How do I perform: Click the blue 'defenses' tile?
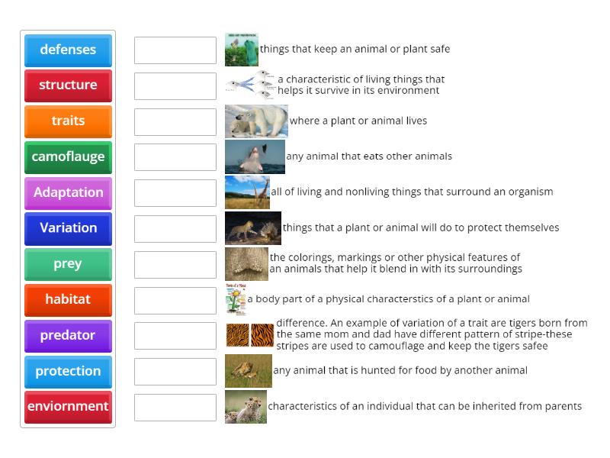click(x=68, y=50)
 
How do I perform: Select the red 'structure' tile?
click(x=68, y=85)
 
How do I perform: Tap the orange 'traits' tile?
click(x=68, y=121)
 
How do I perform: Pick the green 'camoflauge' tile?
click(x=68, y=156)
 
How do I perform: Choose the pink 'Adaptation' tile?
click(x=68, y=192)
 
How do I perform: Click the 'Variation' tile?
click(x=68, y=228)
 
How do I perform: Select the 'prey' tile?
click(x=68, y=264)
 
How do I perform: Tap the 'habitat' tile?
click(x=68, y=299)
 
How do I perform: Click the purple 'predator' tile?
click(x=68, y=335)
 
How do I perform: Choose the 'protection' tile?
click(x=68, y=371)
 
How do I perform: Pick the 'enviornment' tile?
click(x=68, y=407)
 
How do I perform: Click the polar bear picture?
click(x=256, y=121)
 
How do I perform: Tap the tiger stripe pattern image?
click(x=250, y=335)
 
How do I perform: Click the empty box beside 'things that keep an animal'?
click(x=175, y=50)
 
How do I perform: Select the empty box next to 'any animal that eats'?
click(x=175, y=156)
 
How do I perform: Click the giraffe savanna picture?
click(x=247, y=192)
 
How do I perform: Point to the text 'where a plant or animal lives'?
click(x=358, y=121)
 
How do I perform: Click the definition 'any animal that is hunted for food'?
click(x=400, y=371)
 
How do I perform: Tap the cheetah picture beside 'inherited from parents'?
click(x=246, y=407)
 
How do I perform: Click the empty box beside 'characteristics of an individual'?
click(x=175, y=407)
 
